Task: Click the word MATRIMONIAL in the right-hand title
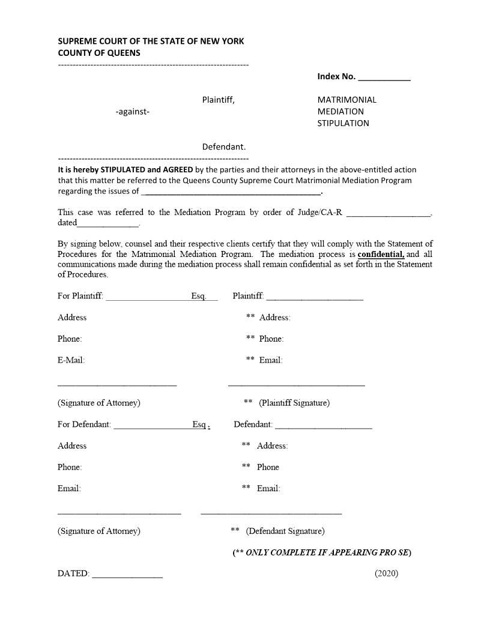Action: coord(346,100)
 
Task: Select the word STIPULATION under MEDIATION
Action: coord(343,123)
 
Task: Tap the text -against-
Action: coord(132,112)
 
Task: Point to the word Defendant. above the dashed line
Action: coord(223,146)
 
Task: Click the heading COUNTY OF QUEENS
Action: coord(99,53)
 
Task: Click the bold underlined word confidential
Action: coord(381,255)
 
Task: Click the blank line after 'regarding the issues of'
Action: coord(231,193)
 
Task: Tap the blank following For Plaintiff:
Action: coord(148,297)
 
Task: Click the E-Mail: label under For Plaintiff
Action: coord(71,360)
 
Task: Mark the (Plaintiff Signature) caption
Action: coord(294,403)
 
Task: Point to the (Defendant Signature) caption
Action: coord(285,531)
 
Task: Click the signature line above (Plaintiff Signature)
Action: coord(296,385)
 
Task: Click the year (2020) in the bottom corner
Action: coord(386,573)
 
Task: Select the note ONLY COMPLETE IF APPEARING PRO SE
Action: coord(328,552)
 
